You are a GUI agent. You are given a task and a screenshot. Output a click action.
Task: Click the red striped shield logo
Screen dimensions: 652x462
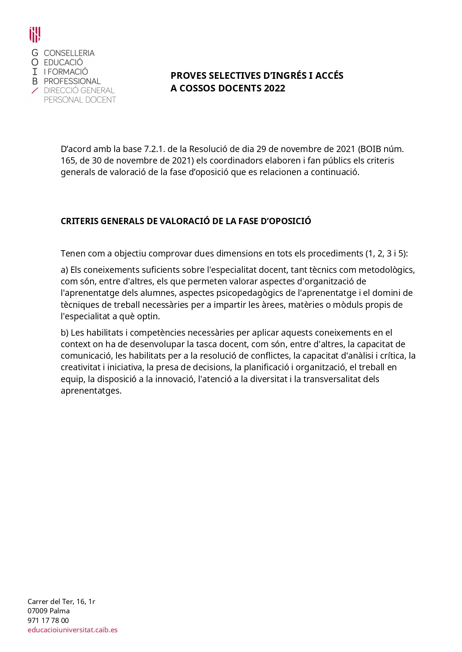point(35,35)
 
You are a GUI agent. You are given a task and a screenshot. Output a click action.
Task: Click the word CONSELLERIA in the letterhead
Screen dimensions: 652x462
point(69,53)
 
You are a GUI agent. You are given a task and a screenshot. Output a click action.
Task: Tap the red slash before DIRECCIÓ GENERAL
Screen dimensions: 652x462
point(35,90)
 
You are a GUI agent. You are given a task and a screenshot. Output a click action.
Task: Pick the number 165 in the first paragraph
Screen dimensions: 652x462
point(68,161)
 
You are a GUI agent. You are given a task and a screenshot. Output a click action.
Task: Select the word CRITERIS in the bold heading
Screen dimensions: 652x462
point(80,221)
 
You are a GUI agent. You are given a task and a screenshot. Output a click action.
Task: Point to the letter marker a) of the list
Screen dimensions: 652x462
point(64,270)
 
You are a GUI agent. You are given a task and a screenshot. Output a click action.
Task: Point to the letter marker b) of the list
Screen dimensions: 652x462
point(65,333)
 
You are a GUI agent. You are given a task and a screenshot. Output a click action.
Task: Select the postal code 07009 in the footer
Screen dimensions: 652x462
point(37,611)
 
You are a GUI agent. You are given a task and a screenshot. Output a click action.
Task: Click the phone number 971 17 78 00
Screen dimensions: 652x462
point(48,620)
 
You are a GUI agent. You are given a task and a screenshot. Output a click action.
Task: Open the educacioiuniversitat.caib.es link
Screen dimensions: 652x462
point(73,630)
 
